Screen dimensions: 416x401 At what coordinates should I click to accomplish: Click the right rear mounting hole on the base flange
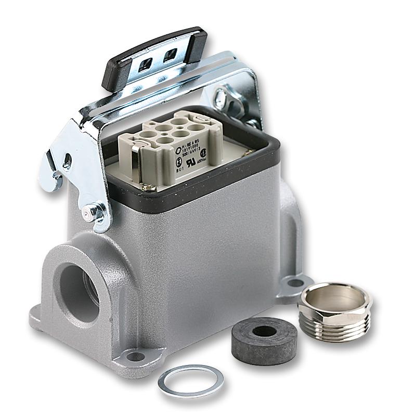coord(295,283)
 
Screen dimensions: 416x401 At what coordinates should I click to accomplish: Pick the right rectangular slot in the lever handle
coord(170,55)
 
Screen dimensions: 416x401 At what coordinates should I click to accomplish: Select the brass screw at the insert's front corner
coord(148,186)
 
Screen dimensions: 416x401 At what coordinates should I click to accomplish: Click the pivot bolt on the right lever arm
coord(223,97)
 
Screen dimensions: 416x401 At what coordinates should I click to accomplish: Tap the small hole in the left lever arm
coord(67,163)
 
